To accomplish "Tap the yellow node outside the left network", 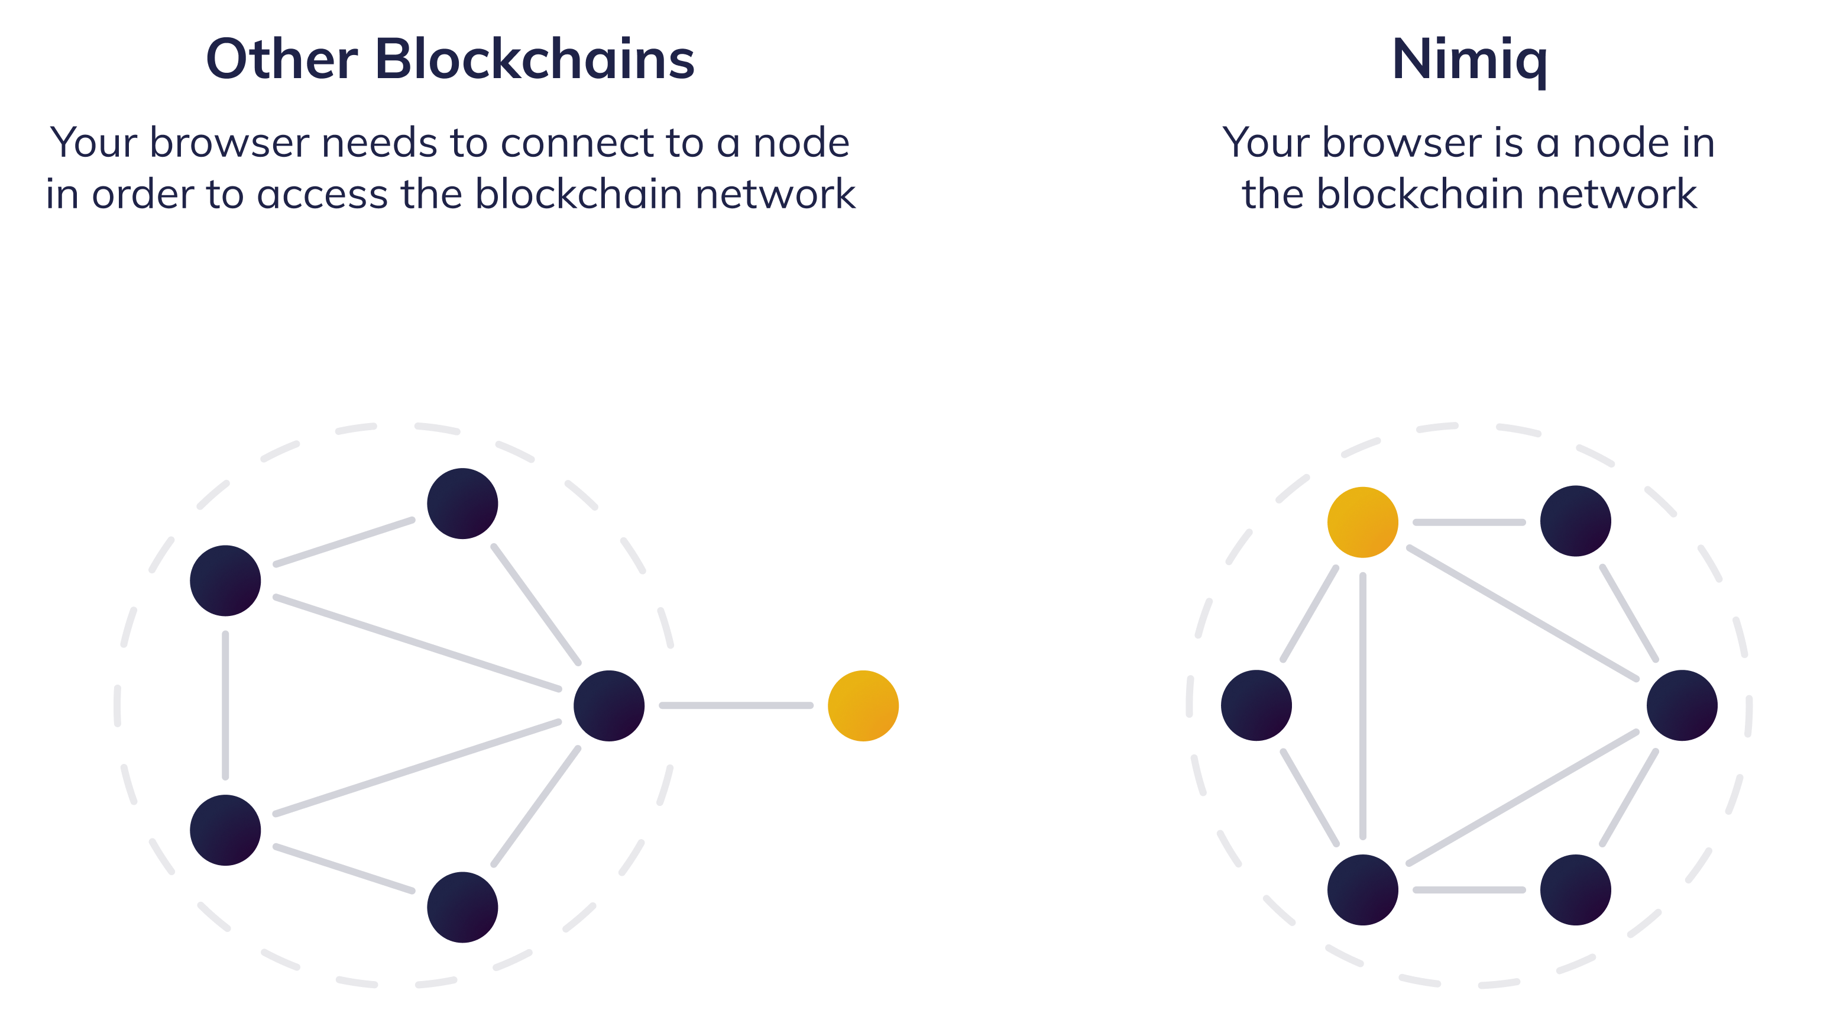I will coord(863,705).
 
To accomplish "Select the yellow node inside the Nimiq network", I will coord(1362,522).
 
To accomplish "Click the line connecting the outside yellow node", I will coord(736,705).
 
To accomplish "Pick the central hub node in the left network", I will coord(608,705).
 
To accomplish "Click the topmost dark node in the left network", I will coord(462,504).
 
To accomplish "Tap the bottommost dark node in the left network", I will coord(462,907).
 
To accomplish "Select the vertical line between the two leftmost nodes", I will coord(226,705).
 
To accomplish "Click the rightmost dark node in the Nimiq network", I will coord(1681,705).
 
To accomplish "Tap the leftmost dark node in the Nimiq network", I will coord(1256,705).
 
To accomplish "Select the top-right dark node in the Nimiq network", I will coord(1575,521).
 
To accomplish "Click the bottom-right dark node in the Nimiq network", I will coord(1575,890).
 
